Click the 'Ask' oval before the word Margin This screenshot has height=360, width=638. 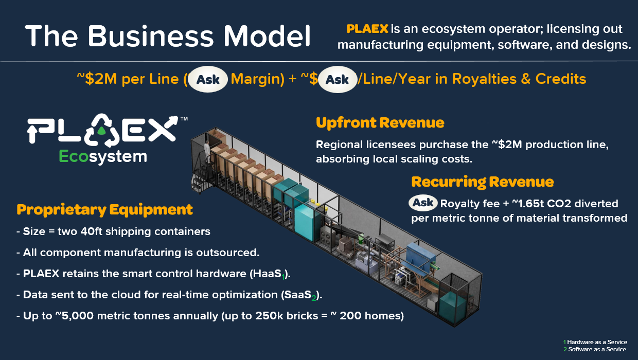(x=208, y=79)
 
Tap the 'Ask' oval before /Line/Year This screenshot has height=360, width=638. (x=337, y=79)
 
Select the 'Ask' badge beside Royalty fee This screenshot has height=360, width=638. (x=423, y=203)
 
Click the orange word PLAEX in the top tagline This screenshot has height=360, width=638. (x=367, y=29)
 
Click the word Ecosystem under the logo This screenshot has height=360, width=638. (x=103, y=157)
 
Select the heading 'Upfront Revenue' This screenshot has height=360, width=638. (x=380, y=123)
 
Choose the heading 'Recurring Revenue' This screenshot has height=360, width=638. (x=483, y=182)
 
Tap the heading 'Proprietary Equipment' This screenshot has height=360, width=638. (x=104, y=210)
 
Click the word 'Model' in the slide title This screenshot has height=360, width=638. (x=267, y=36)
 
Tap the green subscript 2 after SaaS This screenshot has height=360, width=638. (x=313, y=298)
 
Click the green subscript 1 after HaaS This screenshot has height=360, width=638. (x=283, y=277)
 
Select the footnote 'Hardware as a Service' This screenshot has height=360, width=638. (x=597, y=342)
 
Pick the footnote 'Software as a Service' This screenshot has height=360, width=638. (x=597, y=349)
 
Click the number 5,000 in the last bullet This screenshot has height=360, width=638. (x=78, y=316)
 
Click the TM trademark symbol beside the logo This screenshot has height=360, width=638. (x=184, y=119)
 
